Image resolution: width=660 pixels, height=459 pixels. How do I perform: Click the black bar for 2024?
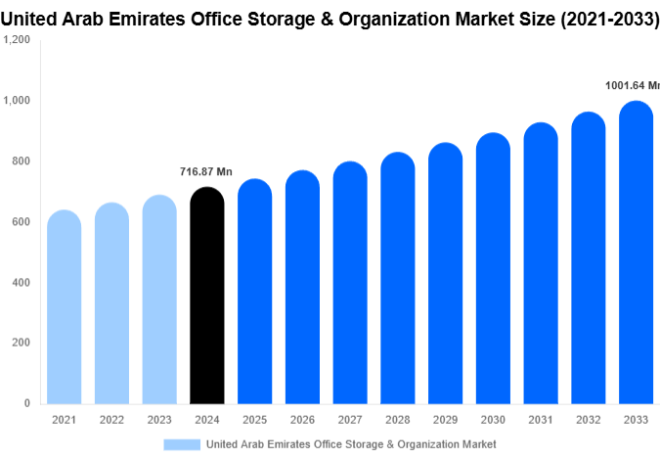tap(206, 296)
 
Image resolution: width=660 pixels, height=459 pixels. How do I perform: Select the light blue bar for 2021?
tap(64, 307)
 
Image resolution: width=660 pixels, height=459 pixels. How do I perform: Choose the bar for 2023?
tap(158, 299)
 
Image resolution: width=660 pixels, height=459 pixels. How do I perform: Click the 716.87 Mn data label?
tap(206, 172)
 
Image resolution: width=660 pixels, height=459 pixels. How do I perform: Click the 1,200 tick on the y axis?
tap(17, 39)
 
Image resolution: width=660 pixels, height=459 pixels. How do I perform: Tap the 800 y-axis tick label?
tap(21, 161)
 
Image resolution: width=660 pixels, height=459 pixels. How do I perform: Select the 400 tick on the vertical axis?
tap(21, 282)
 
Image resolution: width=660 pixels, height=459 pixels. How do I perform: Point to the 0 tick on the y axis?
tap(26, 403)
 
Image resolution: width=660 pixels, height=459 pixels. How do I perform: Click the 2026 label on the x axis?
tap(301, 420)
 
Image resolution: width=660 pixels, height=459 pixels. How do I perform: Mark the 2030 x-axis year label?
tap(492, 420)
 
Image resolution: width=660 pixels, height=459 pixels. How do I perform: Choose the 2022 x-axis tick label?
tap(111, 420)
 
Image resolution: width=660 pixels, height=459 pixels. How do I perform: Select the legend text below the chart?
tap(351, 444)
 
